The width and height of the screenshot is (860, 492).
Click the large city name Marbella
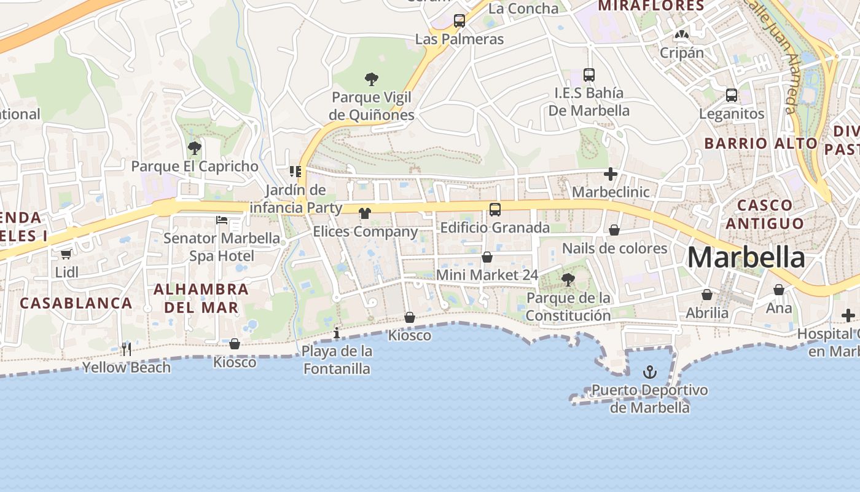pyautogui.click(x=746, y=257)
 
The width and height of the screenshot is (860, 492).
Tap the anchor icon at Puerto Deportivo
pyautogui.click(x=649, y=372)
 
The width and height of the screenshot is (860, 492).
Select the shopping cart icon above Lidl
pyautogui.click(x=66, y=254)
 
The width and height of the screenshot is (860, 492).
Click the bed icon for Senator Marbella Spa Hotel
pyautogui.click(x=222, y=220)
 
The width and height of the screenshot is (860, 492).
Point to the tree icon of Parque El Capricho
pyautogui.click(x=195, y=148)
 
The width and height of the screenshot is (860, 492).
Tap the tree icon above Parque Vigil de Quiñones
pyautogui.click(x=371, y=79)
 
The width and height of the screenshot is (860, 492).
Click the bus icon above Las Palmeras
pyautogui.click(x=459, y=21)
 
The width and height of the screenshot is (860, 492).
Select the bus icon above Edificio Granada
pyautogui.click(x=495, y=210)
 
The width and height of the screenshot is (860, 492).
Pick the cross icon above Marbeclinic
pyautogui.click(x=610, y=174)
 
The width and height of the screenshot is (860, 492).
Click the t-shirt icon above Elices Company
pyautogui.click(x=365, y=213)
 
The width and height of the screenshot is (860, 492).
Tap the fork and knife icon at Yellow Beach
pyautogui.click(x=127, y=349)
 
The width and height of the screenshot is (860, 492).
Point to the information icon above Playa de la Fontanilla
pyautogui.click(x=337, y=333)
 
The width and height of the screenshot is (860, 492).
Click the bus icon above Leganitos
pyautogui.click(x=731, y=95)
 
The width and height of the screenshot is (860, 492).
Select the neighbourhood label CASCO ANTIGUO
pyautogui.click(x=764, y=214)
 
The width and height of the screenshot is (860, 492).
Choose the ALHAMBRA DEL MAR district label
pyautogui.click(x=201, y=298)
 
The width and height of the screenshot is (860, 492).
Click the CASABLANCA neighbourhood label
pyautogui.click(x=76, y=303)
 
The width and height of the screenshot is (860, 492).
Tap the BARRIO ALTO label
pyautogui.click(x=761, y=143)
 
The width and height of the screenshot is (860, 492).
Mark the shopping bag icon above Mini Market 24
pyautogui.click(x=487, y=257)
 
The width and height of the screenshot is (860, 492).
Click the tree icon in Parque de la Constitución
pyautogui.click(x=568, y=280)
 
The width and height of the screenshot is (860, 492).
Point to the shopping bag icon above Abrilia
pyautogui.click(x=707, y=295)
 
